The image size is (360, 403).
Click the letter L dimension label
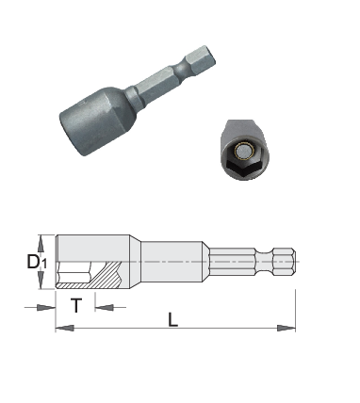click(x=172, y=319)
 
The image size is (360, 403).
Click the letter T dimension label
click(x=76, y=305)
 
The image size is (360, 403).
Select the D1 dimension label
click(x=37, y=262)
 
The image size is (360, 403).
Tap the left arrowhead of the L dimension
click(x=65, y=329)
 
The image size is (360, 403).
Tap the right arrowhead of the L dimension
click(x=286, y=329)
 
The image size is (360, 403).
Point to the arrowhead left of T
click(x=46, y=307)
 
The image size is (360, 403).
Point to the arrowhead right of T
click(x=104, y=307)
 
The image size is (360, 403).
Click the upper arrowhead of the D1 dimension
click(x=41, y=244)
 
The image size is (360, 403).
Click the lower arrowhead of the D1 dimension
click(x=41, y=281)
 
